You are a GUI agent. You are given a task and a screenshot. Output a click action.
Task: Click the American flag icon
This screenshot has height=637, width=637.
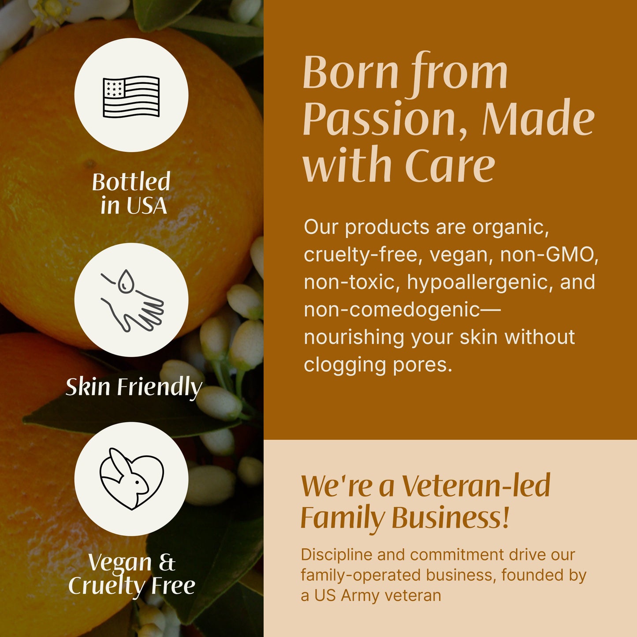click(x=131, y=96)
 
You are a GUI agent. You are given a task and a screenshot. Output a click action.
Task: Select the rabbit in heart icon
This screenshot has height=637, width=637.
click(x=131, y=479)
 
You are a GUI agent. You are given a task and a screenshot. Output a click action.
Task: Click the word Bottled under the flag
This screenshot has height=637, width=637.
click(x=131, y=182)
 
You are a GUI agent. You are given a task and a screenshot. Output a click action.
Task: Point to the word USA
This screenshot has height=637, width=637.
click(x=146, y=206)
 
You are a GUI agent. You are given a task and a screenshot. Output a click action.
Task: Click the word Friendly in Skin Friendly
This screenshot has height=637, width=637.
click(x=160, y=387)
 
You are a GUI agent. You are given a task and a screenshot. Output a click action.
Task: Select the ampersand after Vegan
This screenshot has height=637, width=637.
click(x=167, y=563)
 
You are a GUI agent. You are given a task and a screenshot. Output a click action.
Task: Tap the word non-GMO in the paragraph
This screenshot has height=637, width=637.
click(x=549, y=255)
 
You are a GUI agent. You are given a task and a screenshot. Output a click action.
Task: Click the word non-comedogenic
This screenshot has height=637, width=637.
click(x=391, y=310)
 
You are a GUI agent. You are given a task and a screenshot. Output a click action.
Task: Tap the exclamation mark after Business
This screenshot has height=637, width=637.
click(x=505, y=517)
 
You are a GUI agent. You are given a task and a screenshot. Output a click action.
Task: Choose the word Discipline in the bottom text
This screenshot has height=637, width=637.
click(x=336, y=555)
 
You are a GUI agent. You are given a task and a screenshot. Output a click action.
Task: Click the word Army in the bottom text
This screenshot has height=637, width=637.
click(x=360, y=596)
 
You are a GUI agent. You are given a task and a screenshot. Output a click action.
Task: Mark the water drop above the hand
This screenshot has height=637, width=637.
click(x=126, y=281)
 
